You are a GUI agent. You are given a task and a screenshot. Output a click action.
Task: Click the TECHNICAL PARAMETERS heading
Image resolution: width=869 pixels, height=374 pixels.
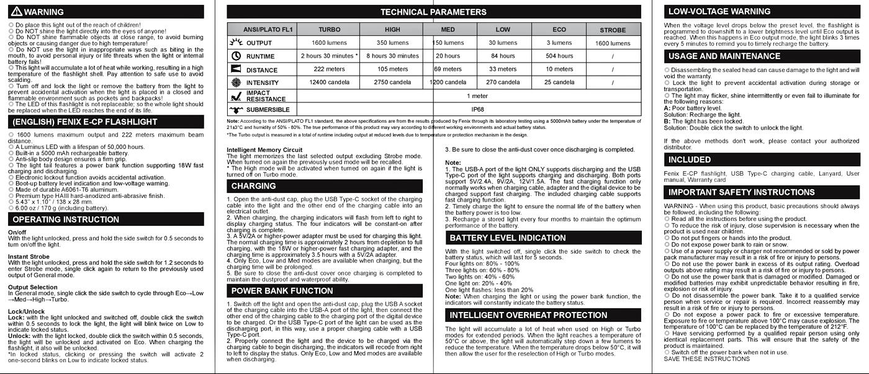(x=433, y=12)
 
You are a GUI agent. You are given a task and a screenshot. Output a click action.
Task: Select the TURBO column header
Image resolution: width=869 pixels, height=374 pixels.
(x=329, y=30)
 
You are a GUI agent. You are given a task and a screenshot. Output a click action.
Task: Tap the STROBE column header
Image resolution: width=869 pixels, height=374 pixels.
(x=613, y=30)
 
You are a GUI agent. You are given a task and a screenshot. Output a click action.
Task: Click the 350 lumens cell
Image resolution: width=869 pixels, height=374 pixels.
(x=392, y=43)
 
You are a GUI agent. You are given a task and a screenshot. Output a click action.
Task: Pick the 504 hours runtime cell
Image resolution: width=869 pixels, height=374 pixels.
(x=559, y=56)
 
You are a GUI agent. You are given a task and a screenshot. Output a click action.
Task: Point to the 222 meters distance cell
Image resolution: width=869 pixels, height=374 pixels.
(x=329, y=69)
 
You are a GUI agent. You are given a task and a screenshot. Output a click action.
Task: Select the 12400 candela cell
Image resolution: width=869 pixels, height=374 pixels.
(x=329, y=82)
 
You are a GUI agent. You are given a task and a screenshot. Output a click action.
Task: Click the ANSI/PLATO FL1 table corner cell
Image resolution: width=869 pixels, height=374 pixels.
(x=268, y=30)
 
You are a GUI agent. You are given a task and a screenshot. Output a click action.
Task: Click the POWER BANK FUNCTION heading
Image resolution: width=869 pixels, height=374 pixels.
(x=282, y=291)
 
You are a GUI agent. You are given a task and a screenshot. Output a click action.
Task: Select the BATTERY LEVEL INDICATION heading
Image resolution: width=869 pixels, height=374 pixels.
(x=507, y=238)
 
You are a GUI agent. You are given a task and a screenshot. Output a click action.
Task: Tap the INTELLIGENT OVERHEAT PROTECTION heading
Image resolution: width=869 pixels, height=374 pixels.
(x=528, y=315)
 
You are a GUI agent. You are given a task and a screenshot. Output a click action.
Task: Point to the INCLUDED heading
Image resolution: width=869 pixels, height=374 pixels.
(x=690, y=160)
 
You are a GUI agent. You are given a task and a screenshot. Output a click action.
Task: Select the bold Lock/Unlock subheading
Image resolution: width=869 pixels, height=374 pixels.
(x=26, y=311)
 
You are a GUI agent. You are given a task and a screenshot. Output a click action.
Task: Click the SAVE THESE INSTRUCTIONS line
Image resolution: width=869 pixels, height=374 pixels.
(x=698, y=358)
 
